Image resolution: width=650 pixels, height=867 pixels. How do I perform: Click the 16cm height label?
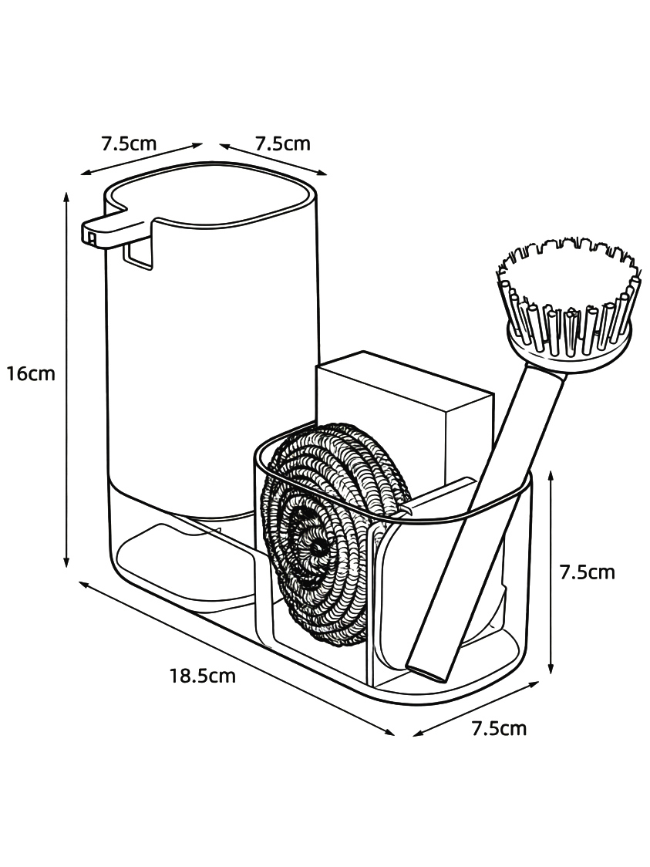tap(31, 374)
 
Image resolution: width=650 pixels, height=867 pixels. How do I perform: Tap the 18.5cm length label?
tap(202, 676)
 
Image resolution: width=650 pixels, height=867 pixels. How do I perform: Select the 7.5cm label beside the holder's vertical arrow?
tap(587, 572)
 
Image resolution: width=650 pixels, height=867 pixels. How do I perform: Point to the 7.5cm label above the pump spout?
tap(129, 143)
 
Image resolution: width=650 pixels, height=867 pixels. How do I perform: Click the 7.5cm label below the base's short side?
tap(499, 728)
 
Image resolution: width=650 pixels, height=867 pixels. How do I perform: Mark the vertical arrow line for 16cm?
tap(67, 380)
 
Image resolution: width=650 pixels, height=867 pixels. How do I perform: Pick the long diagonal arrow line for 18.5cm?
tap(237, 658)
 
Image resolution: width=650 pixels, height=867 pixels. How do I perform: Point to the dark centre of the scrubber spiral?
tap(317, 548)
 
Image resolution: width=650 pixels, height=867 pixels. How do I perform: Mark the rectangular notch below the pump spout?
tap(138, 255)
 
